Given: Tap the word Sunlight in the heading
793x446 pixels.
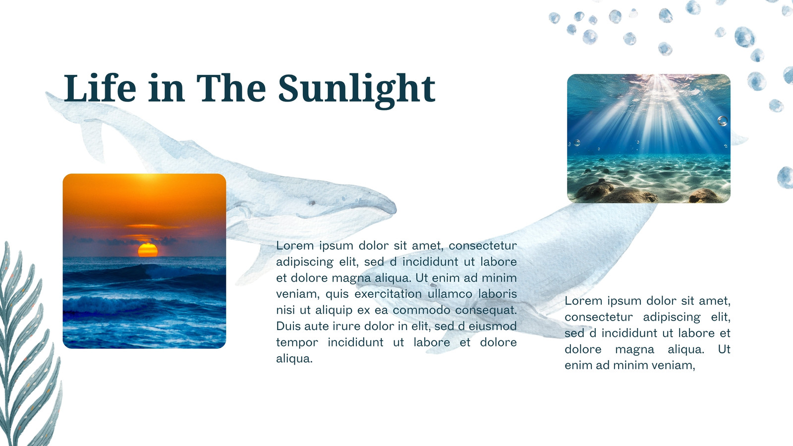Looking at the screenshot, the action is pos(356,91).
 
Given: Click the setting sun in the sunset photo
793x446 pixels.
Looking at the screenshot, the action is pos(148,250).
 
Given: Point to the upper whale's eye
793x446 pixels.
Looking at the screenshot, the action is pos(312,203).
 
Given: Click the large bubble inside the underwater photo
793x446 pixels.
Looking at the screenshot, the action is pos(722,121).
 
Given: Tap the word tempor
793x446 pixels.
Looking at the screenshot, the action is pos(297,342).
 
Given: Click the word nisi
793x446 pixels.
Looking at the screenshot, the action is pos(285,310).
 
